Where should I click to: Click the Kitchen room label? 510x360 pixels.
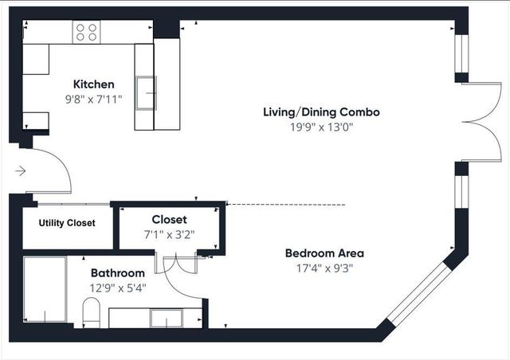[93, 84]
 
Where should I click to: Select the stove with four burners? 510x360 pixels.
[88, 32]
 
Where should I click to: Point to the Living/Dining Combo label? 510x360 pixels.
[321, 112]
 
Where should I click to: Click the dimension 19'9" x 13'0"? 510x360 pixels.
[321, 126]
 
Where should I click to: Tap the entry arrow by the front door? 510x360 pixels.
[20, 170]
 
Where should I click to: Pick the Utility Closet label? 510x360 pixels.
[67, 223]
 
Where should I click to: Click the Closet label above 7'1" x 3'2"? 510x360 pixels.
[169, 219]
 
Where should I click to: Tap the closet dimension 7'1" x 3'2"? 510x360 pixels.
[169, 234]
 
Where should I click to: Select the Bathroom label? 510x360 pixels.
[117, 273]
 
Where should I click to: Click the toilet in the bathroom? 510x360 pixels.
[90, 312]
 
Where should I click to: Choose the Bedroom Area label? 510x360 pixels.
[324, 253]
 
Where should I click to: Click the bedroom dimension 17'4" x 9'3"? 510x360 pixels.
[324, 268]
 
